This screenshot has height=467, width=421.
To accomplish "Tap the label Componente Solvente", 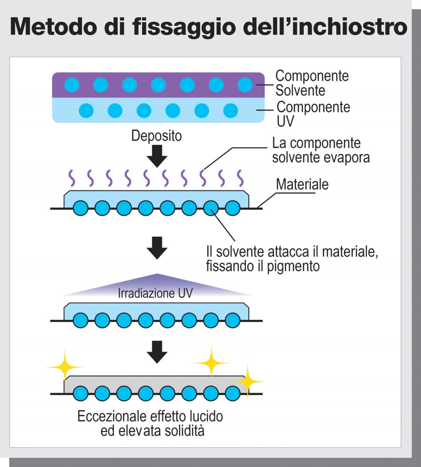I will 312,83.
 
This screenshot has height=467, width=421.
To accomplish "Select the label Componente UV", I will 313,114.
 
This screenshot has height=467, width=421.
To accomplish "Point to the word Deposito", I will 156,136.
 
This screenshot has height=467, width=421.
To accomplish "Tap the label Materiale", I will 302,185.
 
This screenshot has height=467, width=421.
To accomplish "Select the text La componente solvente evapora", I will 321,150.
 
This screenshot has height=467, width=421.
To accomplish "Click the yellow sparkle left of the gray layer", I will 64,365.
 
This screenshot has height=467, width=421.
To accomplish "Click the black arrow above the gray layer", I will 157,351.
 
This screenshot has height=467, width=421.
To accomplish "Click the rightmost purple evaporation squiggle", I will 240,178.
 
